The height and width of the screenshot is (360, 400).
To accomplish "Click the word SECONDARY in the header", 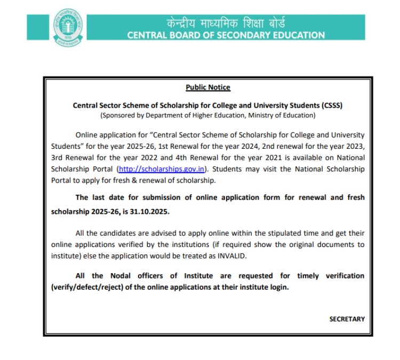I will pos(233,36).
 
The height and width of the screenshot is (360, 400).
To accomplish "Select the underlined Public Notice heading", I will pos(208,87).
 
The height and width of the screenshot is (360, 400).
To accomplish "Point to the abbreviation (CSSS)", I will pos(331,105).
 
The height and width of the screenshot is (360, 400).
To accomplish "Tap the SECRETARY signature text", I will pos(347,319).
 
